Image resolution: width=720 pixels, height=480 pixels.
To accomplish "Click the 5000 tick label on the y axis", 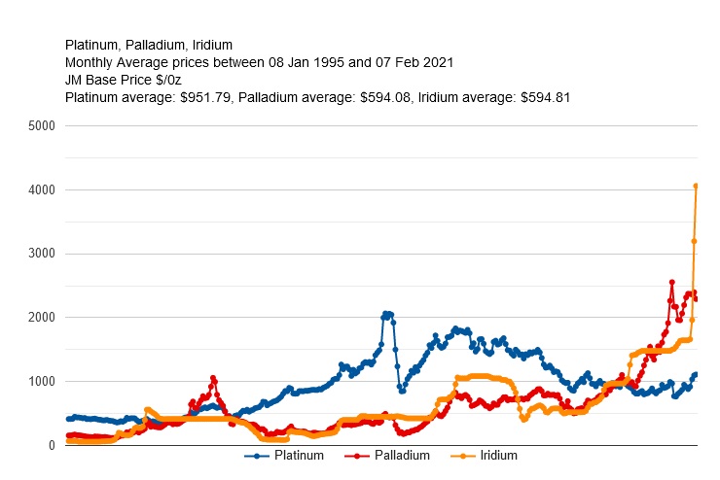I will pyautogui.click(x=43, y=126).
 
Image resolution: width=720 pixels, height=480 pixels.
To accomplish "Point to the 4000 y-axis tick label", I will pyautogui.click(x=43, y=190).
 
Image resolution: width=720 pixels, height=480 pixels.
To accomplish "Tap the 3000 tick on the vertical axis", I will pyautogui.click(x=43, y=254).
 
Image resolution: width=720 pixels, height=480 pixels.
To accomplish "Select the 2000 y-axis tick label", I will pyautogui.click(x=43, y=318).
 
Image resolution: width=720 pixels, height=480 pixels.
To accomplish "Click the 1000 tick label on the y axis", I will pyautogui.click(x=43, y=382).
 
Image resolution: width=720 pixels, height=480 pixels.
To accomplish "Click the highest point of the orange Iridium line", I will pyautogui.click(x=696, y=186).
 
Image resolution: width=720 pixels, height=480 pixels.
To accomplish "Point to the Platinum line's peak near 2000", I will pyautogui.click(x=386, y=314).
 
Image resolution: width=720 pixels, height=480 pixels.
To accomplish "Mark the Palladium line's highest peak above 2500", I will pyautogui.click(x=671, y=282).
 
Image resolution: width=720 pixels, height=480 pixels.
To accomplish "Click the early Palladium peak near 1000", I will pyautogui.click(x=212, y=378).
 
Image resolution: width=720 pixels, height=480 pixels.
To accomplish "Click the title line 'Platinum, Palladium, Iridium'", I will pyautogui.click(x=148, y=45).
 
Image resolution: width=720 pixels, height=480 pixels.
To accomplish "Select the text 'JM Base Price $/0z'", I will pyautogui.click(x=123, y=80).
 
